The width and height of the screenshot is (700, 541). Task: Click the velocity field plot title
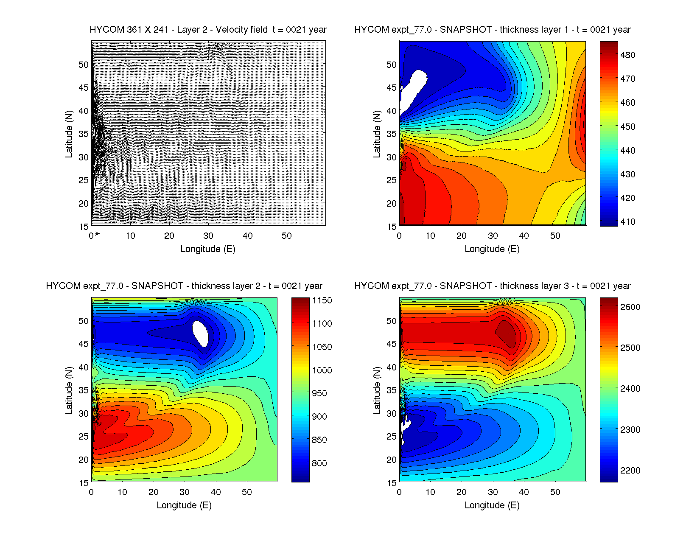[x=208, y=30]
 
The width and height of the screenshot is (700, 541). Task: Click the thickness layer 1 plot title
[x=492, y=30]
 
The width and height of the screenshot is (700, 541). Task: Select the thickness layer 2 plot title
[x=184, y=286]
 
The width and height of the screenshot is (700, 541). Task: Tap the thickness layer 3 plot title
[x=492, y=286]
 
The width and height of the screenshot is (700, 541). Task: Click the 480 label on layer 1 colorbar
[x=627, y=55]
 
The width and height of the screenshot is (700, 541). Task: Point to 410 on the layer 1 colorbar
[x=627, y=222]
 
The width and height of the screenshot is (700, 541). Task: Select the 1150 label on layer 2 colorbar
[x=322, y=300]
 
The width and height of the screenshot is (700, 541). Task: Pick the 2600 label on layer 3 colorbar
[x=630, y=307]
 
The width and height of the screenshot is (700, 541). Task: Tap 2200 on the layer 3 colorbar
[x=630, y=471]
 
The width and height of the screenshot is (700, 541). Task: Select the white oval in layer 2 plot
[x=200, y=333]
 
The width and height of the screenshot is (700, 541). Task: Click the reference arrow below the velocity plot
[x=97, y=234]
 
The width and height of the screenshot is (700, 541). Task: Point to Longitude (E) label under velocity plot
[x=208, y=249]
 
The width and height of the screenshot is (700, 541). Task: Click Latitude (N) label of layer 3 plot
[x=377, y=390]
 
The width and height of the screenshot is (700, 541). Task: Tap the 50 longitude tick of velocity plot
[x=287, y=236]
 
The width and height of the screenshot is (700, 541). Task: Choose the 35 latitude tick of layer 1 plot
[x=391, y=134]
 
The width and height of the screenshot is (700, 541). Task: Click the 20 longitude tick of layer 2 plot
[x=154, y=492]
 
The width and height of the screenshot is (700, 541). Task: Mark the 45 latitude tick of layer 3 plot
[x=391, y=344]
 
